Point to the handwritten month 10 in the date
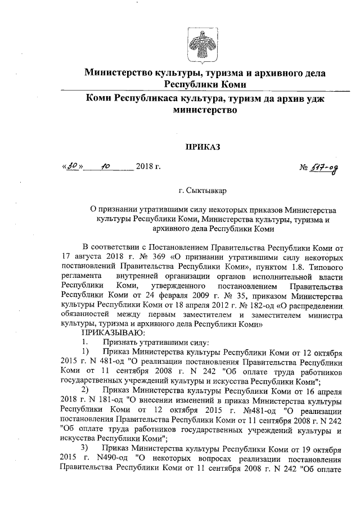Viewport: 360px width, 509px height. (105, 167)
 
